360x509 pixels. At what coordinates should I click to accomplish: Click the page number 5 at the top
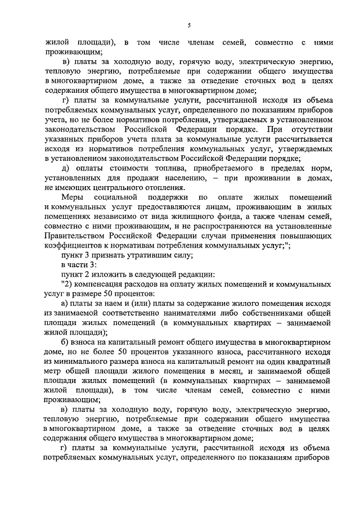tap(190, 25)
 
